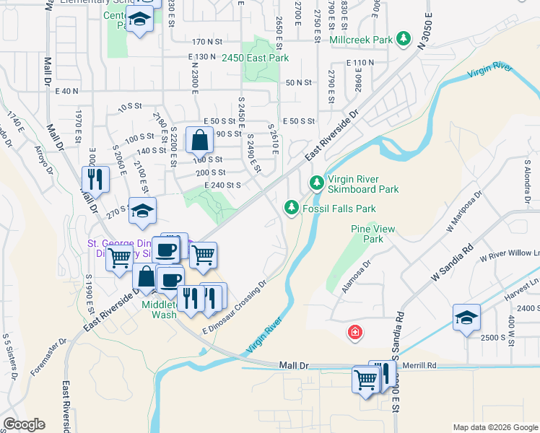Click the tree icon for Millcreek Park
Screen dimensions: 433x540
pos(406,40)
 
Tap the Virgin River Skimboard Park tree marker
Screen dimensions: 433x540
pos(315,183)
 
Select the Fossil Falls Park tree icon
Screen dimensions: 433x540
pos(291,208)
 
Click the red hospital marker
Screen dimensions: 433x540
pos(354,332)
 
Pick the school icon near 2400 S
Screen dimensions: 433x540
pos(466,318)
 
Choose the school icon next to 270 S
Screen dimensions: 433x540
pos(142,211)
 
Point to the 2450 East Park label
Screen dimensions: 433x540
pos(255,57)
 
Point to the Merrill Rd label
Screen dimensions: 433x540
pos(419,365)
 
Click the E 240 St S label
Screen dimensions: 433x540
pos(217,185)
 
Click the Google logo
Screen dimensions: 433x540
pos(24,424)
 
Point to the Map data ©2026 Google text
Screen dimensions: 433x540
pos(495,427)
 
